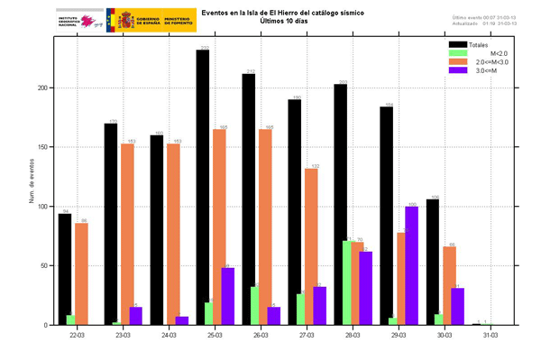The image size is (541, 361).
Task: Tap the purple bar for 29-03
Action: (412, 265)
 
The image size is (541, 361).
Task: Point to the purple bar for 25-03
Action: (227, 296)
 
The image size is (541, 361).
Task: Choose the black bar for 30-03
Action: (433, 262)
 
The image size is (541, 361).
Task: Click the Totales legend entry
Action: (470, 43)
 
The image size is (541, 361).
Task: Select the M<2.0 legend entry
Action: (470, 52)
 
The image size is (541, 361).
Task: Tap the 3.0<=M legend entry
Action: (470, 69)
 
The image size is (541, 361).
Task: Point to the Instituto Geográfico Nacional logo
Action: (79, 21)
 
